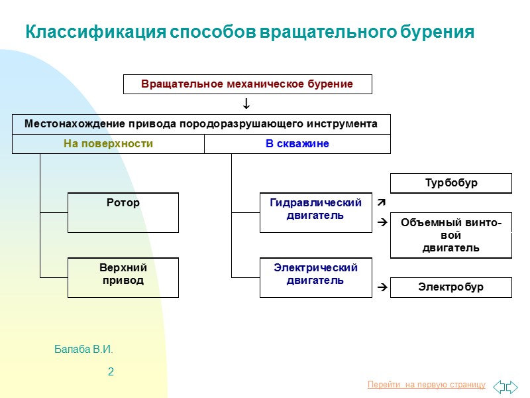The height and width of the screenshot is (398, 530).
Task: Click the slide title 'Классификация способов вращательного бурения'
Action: (249, 33)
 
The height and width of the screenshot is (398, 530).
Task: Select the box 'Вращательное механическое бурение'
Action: (247, 84)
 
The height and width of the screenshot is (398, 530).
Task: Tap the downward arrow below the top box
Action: (246, 104)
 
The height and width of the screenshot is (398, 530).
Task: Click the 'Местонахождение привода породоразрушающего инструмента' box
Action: (201, 124)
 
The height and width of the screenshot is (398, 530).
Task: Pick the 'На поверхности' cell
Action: (108, 144)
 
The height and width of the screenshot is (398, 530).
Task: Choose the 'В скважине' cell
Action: (297, 144)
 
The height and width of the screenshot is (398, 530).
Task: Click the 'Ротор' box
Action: (123, 212)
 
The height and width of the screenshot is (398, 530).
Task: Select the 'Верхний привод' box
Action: (123, 277)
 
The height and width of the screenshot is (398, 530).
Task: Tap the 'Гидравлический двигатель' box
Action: (315, 212)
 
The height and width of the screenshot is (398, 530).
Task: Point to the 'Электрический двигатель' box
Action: (315, 277)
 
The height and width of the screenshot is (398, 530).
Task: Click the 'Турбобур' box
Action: (450, 183)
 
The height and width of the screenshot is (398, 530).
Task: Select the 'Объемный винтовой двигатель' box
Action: (450, 235)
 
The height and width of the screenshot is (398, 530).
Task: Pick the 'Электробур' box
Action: (450, 287)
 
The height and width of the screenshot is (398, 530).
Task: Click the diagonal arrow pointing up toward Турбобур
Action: (382, 200)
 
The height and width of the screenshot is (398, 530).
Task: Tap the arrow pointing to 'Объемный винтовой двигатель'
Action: (382, 224)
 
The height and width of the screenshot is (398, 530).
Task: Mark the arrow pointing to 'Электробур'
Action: (382, 288)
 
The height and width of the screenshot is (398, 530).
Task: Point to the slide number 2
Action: (111, 372)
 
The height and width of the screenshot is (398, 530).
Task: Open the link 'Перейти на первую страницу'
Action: (426, 385)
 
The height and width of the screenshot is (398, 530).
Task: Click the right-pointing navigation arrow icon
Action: (513, 385)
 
